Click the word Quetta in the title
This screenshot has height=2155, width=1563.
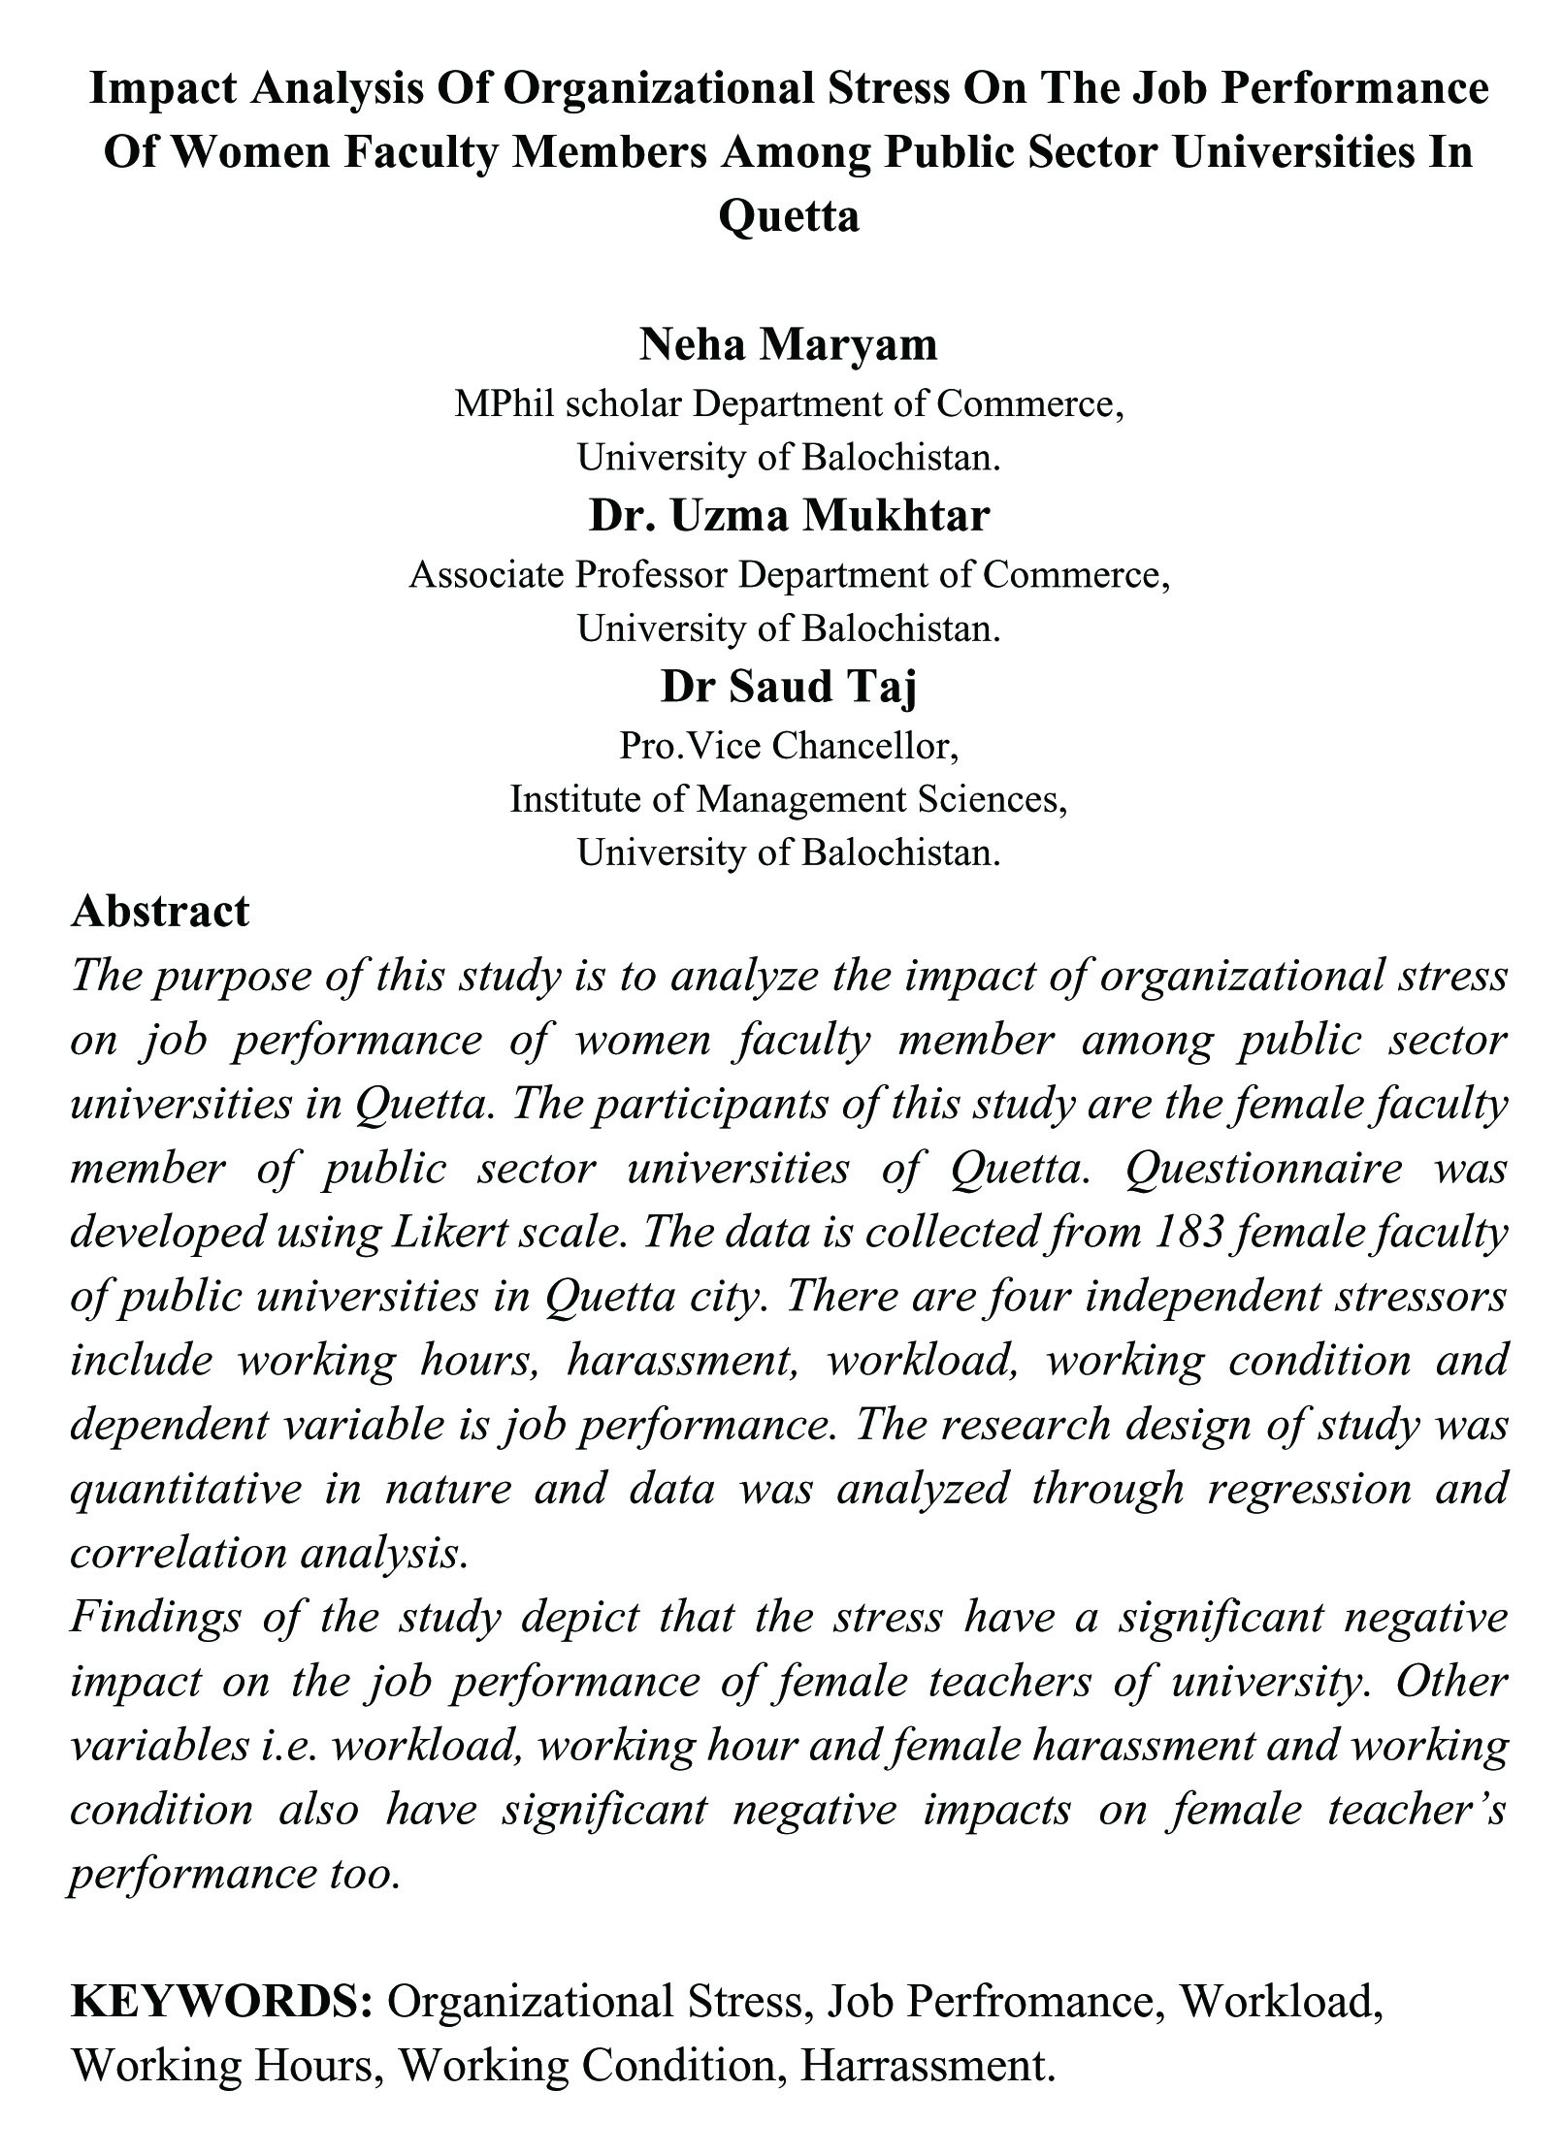[788, 214]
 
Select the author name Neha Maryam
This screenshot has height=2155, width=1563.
[788, 344]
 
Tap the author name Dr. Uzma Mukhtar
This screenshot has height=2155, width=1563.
[788, 515]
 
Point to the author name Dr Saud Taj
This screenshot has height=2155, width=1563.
[788, 687]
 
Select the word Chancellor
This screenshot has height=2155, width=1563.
[865, 746]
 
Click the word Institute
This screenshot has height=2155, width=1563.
[576, 799]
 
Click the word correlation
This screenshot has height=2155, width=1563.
[175, 1553]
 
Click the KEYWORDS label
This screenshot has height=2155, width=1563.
[222, 2002]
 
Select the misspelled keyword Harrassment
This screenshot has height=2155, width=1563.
[927, 2066]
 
